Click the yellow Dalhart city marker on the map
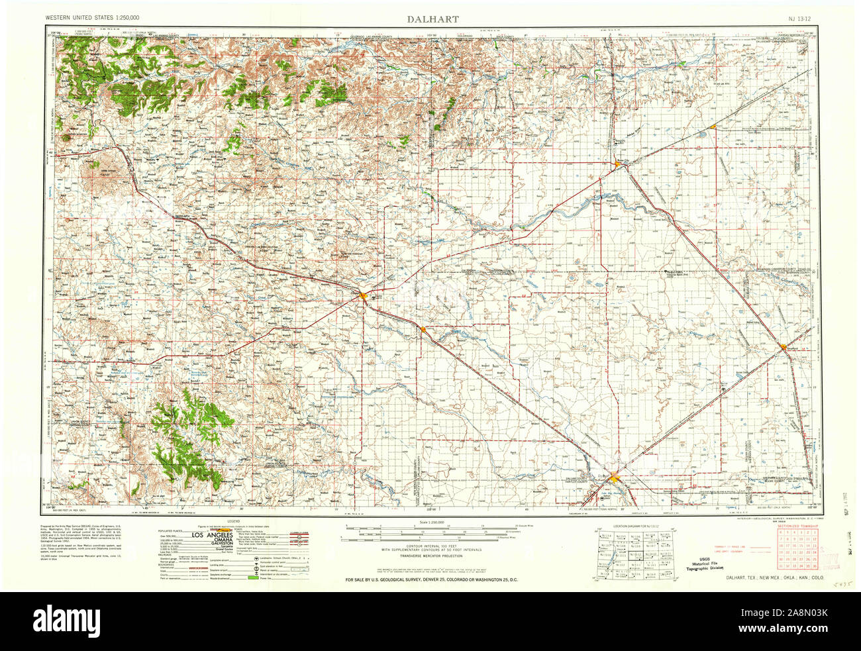pos(615,475)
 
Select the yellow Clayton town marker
pos(363,295)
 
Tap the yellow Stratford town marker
pos(785,350)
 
